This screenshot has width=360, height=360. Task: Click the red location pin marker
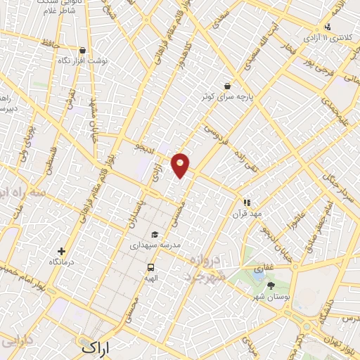click(181, 164)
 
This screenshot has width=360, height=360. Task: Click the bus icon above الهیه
click(150, 267)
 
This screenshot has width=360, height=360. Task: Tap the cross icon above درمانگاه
click(63, 251)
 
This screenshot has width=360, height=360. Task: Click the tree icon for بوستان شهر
click(271, 285)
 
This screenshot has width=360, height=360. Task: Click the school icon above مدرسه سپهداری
click(154, 234)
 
